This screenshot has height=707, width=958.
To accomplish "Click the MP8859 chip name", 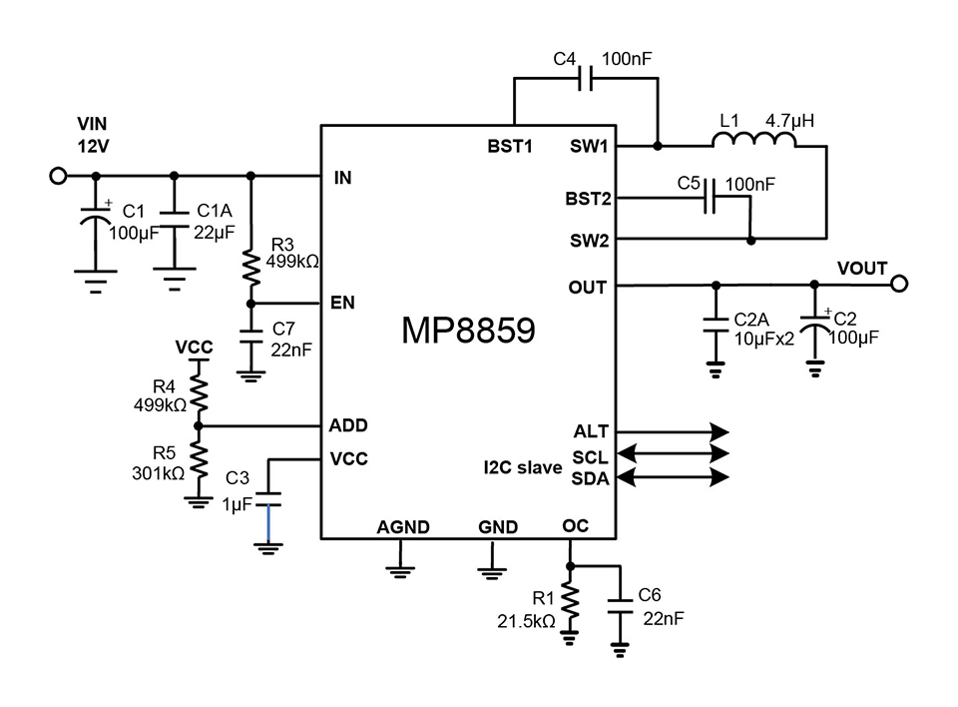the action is coord(468,331).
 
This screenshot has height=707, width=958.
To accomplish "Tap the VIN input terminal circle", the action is coord(58,176).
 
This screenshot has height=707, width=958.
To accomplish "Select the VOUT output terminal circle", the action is coord(899,284).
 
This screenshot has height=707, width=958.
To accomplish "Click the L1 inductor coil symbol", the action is coord(754,140).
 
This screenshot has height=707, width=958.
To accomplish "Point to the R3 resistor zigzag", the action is coord(251,267).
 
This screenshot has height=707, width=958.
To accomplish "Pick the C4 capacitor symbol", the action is coord(586,78).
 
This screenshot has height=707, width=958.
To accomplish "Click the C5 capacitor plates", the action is coord(710,197).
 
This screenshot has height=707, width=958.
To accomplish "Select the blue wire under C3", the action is coord(268,523).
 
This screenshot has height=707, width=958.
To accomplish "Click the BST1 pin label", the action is coord(510,146).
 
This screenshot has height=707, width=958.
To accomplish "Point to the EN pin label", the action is coord(342,303).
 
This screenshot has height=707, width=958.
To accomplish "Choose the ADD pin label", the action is coord(348,425).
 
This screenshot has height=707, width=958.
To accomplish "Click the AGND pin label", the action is coord(402,527).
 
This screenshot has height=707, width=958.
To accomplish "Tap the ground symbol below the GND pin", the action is coord(492,573).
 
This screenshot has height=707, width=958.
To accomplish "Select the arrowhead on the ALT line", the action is coord(719,431).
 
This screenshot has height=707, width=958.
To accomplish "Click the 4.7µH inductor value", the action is coord(790,121).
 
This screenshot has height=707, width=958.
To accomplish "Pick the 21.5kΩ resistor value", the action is coord(526,621).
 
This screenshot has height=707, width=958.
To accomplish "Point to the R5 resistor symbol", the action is coord(198,459).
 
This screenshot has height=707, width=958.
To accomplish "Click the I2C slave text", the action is coord(523,468).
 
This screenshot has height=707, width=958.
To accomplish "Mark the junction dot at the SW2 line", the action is coord(751,241).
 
